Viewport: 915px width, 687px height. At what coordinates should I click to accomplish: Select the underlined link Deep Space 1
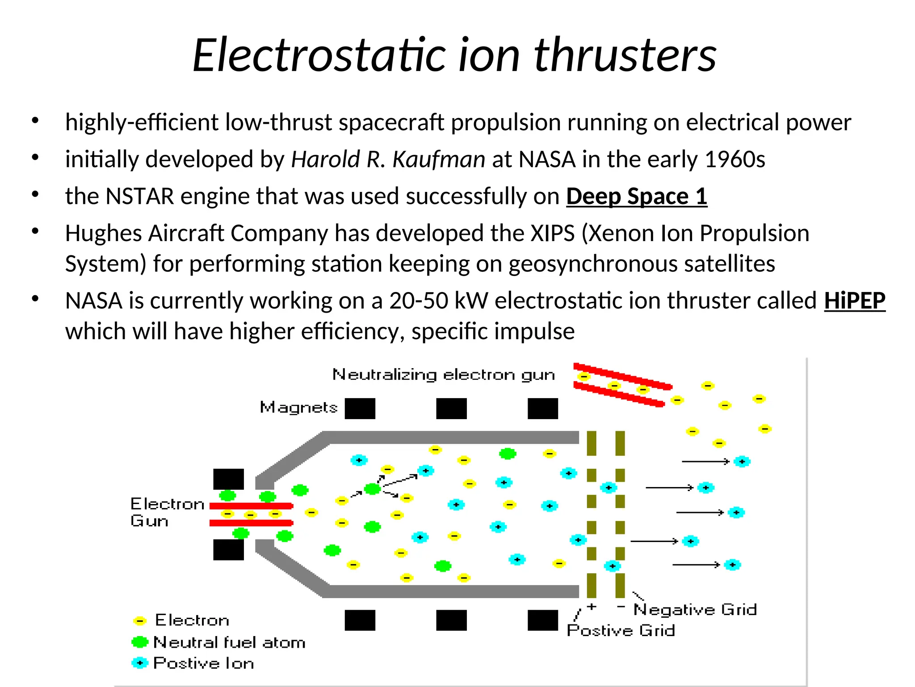click(x=636, y=197)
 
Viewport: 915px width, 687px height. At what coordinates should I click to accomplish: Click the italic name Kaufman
click(x=439, y=160)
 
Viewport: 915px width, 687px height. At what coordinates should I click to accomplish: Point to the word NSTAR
click(x=139, y=197)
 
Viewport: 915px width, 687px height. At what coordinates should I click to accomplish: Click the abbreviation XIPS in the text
click(x=552, y=233)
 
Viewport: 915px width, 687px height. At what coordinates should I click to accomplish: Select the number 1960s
click(x=735, y=160)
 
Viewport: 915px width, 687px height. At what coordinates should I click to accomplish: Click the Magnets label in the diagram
click(x=298, y=407)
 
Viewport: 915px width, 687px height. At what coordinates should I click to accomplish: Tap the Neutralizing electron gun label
click(x=443, y=375)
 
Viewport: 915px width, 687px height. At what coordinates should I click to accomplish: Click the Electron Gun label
click(x=166, y=513)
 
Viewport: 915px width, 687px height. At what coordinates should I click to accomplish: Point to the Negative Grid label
click(x=695, y=610)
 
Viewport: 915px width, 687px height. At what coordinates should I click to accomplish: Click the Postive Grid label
click(x=621, y=631)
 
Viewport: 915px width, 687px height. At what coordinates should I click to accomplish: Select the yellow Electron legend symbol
click(x=140, y=621)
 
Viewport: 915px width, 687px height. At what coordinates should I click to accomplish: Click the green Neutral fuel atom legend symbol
click(x=140, y=642)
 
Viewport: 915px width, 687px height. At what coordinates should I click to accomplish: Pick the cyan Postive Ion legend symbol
click(x=140, y=663)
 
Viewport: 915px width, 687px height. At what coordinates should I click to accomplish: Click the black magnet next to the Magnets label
click(x=360, y=408)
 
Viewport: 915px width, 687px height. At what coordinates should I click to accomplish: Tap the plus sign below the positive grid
click(x=592, y=607)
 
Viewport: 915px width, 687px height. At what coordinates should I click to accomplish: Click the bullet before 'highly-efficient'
click(x=35, y=121)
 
